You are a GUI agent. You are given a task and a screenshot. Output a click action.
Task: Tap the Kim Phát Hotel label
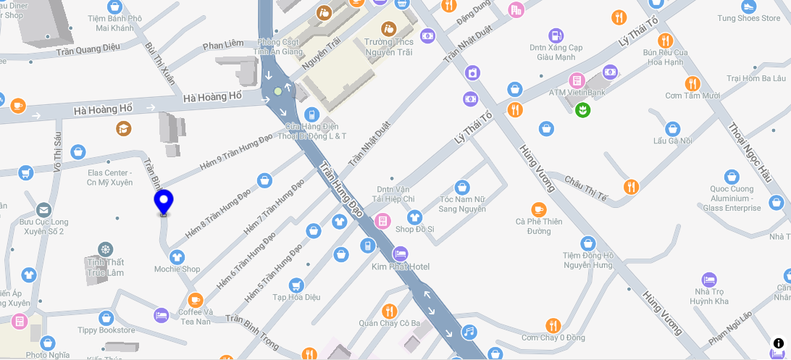click(401, 267)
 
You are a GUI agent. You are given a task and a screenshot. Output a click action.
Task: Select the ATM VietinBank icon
click(577, 80)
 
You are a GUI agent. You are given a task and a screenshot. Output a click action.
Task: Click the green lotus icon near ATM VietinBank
click(582, 110)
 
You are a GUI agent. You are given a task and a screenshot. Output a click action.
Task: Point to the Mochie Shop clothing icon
click(177, 256)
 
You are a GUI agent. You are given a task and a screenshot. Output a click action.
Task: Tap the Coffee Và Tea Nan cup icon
click(194, 299)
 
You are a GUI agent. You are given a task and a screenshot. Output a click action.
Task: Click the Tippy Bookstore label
click(106, 330)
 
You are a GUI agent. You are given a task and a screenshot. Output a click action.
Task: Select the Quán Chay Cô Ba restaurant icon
click(390, 311)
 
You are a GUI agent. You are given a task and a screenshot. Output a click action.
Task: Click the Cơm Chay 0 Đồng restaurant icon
click(553, 325)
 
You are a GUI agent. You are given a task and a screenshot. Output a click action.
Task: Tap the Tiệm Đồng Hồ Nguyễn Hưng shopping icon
click(588, 243)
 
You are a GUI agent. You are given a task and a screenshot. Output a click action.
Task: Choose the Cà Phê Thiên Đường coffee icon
click(538, 209)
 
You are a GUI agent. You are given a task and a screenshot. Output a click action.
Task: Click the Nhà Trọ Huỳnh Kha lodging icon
click(709, 280)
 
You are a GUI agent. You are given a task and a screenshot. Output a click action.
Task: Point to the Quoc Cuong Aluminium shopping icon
click(732, 177)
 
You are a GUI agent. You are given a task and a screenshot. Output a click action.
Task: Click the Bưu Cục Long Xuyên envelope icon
click(43, 210)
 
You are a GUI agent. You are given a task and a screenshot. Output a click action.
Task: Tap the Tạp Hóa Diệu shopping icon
click(296, 285)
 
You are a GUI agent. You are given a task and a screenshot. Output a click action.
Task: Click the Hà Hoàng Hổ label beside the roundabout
click(212, 96)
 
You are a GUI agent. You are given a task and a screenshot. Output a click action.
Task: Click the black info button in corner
click(779, 343)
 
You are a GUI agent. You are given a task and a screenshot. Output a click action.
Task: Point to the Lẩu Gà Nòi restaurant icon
click(672, 128)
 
